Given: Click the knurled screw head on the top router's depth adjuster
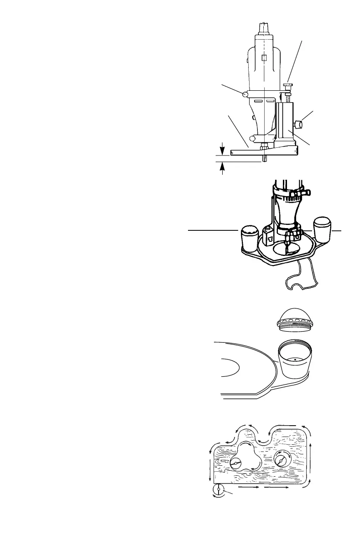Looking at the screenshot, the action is coord(288,85).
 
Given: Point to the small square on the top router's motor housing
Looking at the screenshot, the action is coord(264,57).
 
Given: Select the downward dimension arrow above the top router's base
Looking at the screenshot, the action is coord(223,148).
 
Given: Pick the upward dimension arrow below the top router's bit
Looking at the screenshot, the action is coord(223,168).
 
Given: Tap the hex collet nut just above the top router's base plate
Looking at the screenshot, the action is coord(265,147).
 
